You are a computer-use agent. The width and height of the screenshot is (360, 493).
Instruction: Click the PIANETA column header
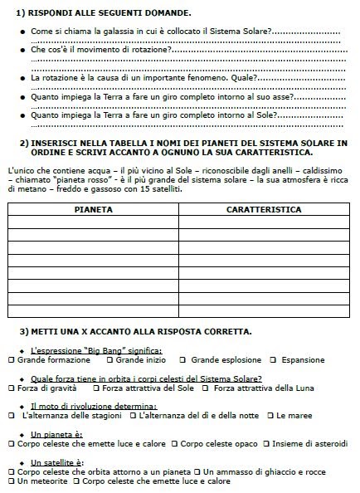pos(93,210)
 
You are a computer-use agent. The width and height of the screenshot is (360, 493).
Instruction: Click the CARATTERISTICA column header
pos(263,210)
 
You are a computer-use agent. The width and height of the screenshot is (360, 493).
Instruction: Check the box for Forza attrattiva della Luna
pos(206,388)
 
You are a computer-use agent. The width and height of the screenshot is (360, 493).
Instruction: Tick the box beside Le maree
pos(269,414)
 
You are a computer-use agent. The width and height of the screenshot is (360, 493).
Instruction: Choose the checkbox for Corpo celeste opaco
pos(174,444)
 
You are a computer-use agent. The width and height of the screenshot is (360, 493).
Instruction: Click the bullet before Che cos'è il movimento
pos(22,51)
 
